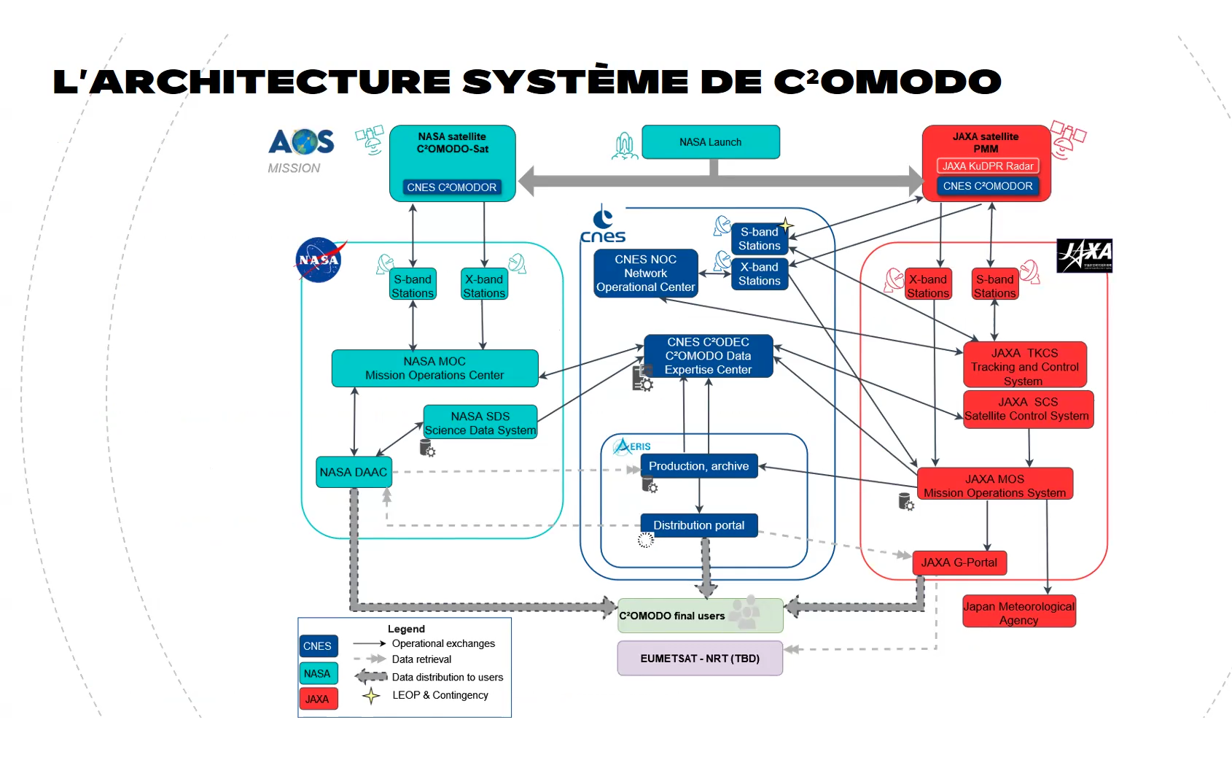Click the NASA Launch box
[711, 142]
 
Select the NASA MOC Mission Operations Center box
[434, 368]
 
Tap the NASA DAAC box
[354, 472]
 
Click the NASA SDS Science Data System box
[480, 423]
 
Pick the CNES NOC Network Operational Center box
[645, 274]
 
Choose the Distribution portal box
[698, 525]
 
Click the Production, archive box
[698, 466]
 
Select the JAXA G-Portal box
[959, 562]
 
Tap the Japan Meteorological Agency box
[1018, 613]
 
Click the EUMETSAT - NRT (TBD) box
[700, 658]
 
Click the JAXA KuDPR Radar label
[987, 166]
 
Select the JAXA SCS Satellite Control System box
[1027, 409]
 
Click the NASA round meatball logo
[319, 260]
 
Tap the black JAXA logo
[1084, 255]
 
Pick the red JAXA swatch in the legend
[318, 699]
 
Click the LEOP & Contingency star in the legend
[371, 696]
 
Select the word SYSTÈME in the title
[575, 82]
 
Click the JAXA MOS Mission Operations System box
[994, 486]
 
